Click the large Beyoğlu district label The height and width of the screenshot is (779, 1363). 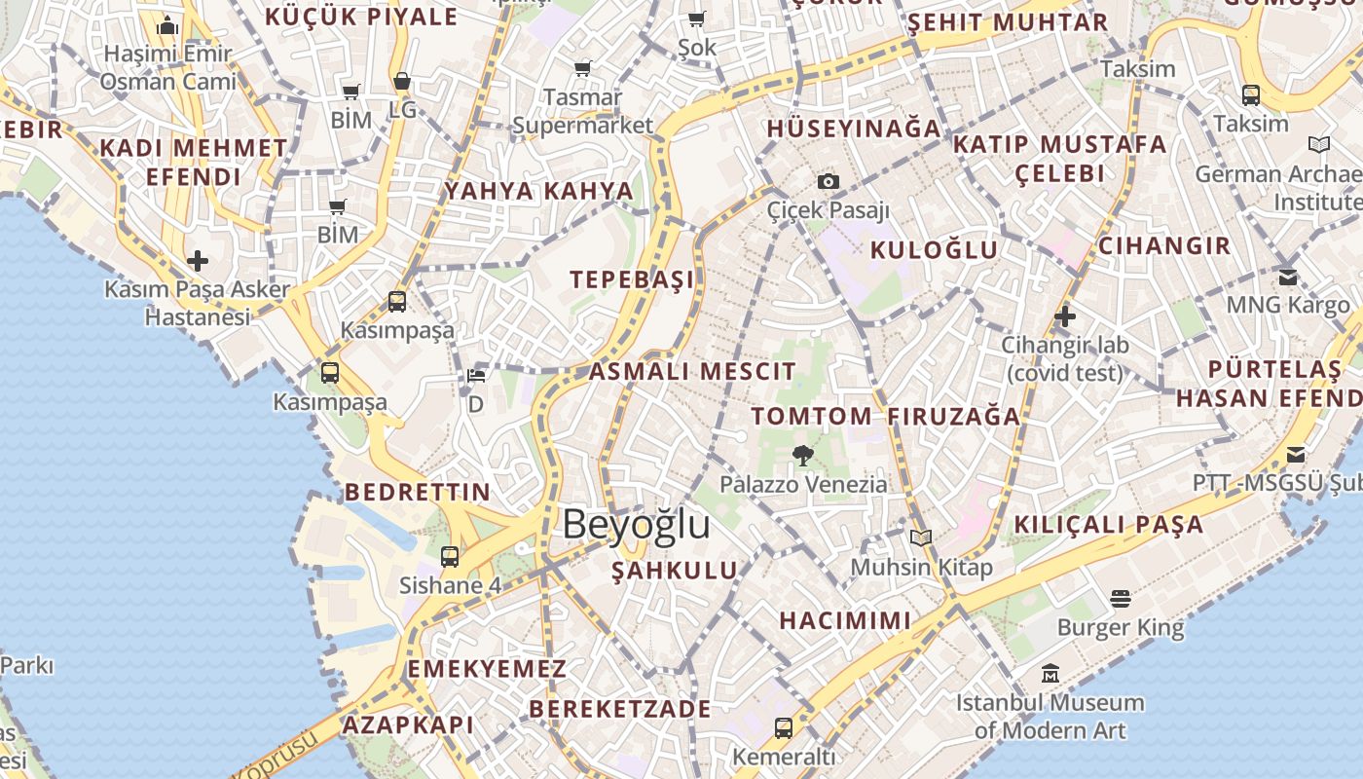[637, 525]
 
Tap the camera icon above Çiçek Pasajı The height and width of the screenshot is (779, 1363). [829, 181]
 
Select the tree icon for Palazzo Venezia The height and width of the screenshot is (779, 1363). [803, 455]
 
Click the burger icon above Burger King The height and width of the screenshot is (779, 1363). [1121, 598]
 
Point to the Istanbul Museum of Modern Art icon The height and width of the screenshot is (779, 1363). [1050, 673]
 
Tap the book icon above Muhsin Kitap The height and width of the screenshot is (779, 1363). [920, 538]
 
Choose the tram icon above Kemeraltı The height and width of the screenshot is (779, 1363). [784, 727]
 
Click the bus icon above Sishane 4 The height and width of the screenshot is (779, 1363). [450, 557]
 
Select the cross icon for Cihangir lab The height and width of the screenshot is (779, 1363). [1065, 316]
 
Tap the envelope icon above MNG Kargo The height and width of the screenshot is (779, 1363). [1288, 277]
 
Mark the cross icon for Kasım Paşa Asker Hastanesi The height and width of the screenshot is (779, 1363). [198, 261]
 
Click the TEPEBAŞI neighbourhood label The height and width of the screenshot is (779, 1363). [632, 279]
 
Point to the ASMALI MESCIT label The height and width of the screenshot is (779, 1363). [692, 371]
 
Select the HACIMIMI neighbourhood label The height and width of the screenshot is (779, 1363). [845, 620]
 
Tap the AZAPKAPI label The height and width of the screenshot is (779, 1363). [408, 725]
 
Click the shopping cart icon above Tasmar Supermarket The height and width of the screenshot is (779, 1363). [582, 68]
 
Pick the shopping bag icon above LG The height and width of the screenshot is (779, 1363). [401, 81]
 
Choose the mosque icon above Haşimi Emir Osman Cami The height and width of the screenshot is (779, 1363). [168, 24]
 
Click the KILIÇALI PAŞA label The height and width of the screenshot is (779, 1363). [1109, 524]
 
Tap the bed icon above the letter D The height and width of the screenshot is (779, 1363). [475, 375]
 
